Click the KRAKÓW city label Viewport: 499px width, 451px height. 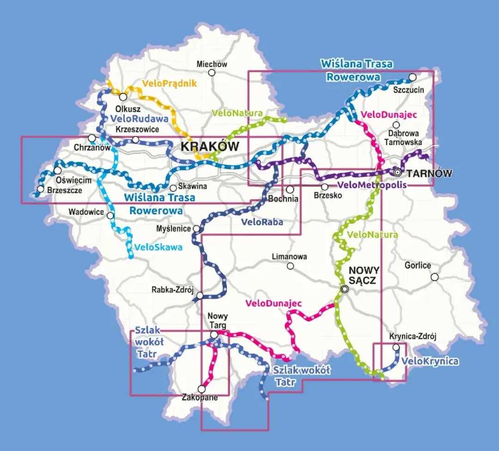210,147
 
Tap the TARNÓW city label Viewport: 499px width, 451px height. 429,174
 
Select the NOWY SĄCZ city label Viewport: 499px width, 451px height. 364,275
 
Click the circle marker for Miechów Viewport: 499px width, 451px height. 212,73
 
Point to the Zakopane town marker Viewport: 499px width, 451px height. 201,389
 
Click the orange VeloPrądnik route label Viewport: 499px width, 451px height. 170,84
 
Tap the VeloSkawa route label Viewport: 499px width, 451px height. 158,247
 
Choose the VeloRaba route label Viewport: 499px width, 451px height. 262,222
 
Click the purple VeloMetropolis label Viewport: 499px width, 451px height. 372,185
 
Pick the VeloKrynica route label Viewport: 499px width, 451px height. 430,361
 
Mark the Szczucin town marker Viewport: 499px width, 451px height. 413,77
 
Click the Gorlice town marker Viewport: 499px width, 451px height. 434,277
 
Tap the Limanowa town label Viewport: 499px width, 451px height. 290,256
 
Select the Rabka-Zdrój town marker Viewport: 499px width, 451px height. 200,295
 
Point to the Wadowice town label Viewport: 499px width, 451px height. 84,212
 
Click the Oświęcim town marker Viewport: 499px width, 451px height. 58,171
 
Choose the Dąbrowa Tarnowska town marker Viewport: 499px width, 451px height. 396,125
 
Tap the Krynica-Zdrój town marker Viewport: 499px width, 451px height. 396,347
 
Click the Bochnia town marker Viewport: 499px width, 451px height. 290,189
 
